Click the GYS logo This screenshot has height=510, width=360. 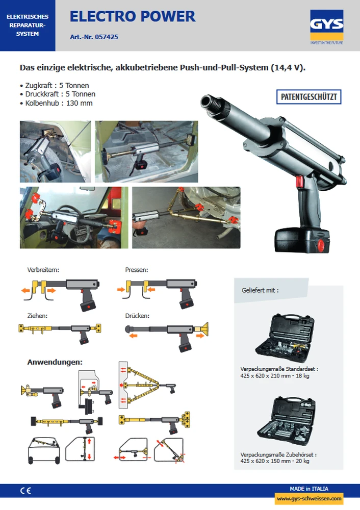326,27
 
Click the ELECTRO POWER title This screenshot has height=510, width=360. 133,16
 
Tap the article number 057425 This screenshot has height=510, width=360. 107,37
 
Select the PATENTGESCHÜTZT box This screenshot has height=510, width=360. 308,97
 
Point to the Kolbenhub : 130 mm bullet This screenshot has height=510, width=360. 56,103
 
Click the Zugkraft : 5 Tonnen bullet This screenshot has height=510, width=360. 55,86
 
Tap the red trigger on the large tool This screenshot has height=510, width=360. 299,182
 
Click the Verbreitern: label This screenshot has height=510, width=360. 43,270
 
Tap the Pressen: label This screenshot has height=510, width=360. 137,270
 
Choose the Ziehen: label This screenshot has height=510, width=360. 37,316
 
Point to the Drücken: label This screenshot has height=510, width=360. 137,316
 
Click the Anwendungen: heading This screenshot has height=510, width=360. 55,362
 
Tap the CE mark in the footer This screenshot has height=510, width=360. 25,491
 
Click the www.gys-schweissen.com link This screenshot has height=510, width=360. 309,498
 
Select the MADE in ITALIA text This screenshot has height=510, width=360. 309,489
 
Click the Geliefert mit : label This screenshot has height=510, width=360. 260,290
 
